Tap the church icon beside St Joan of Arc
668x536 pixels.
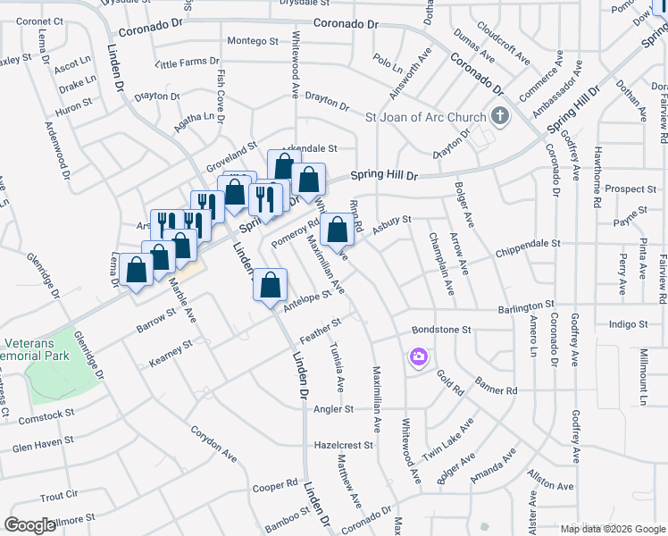point(499,116)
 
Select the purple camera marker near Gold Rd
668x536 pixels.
point(418,357)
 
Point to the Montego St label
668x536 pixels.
point(253,41)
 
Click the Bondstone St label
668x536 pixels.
point(440,330)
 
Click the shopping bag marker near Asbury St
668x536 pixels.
point(338,230)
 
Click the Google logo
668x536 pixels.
point(29,525)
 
